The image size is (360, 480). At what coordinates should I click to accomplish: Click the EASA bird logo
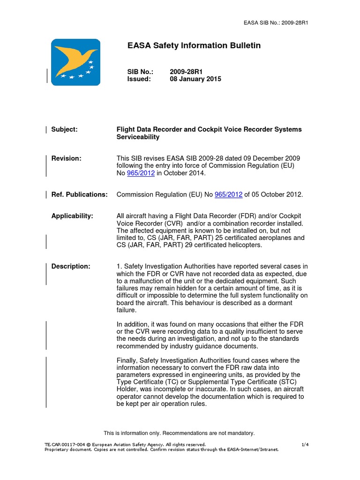pos(75,62)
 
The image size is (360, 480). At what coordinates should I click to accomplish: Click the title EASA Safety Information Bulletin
pos(194,45)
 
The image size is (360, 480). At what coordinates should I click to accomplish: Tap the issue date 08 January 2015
pos(195,79)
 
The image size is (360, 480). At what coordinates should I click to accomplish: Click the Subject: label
pos(64,129)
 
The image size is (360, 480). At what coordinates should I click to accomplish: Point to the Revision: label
pos(66,158)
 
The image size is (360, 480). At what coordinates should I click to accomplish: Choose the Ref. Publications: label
pos(79,195)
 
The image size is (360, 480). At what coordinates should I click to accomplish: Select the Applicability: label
pos(72,216)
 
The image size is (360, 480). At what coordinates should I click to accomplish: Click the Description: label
pos(71,266)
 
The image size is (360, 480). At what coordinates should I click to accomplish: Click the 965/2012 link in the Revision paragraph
pos(141,173)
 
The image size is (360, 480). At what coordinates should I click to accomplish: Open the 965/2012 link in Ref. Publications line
pos(228,195)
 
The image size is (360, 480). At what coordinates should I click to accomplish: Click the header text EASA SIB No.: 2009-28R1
pos(276,22)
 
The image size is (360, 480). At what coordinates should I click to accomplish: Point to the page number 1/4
pos(305,444)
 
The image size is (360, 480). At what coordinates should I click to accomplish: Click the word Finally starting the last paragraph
pos(128,360)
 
